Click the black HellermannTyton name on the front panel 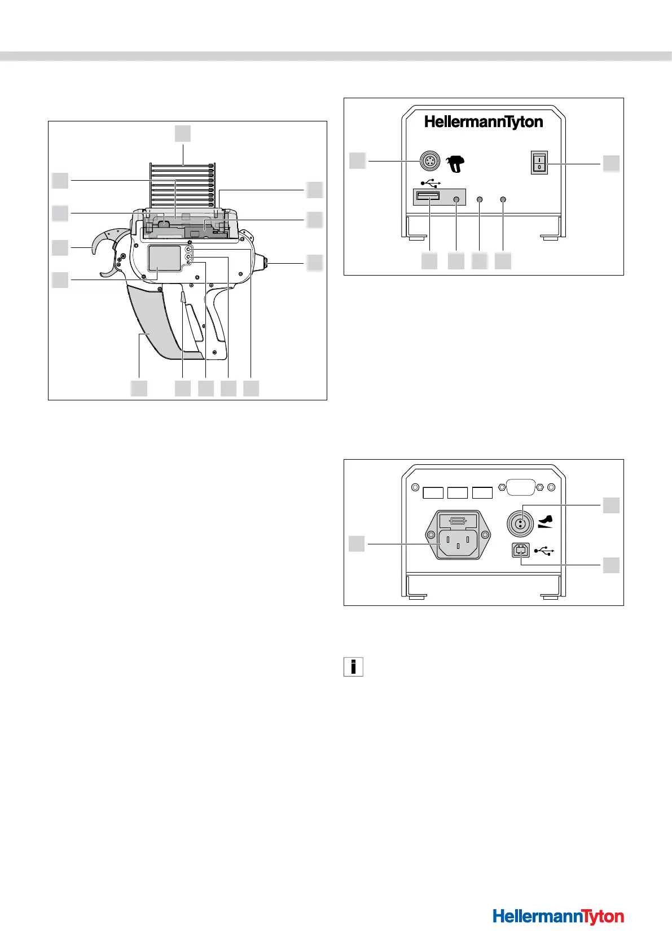(x=484, y=122)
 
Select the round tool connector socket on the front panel (x=428, y=162)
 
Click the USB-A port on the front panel (x=428, y=197)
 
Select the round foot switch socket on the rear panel (x=522, y=524)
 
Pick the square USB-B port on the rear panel (x=521, y=550)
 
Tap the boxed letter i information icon (x=353, y=667)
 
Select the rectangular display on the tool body (x=164, y=259)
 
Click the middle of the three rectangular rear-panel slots (x=458, y=493)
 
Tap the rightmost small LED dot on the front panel (x=503, y=199)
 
